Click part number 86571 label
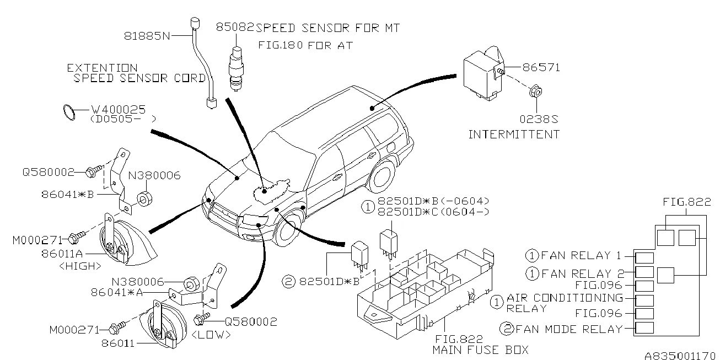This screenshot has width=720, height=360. coord(541,68)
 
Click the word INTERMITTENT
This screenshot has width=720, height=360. coord(514,134)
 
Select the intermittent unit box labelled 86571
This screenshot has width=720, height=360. coord(480,73)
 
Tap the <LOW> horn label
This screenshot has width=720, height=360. coord(211,334)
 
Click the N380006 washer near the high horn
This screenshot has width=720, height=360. coord(144,198)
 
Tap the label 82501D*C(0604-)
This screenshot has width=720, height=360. coord(433,212)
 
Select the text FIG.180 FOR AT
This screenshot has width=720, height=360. coord(306,45)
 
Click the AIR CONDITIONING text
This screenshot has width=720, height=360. coord(565,298)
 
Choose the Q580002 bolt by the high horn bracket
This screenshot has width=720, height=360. coord(94,173)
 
